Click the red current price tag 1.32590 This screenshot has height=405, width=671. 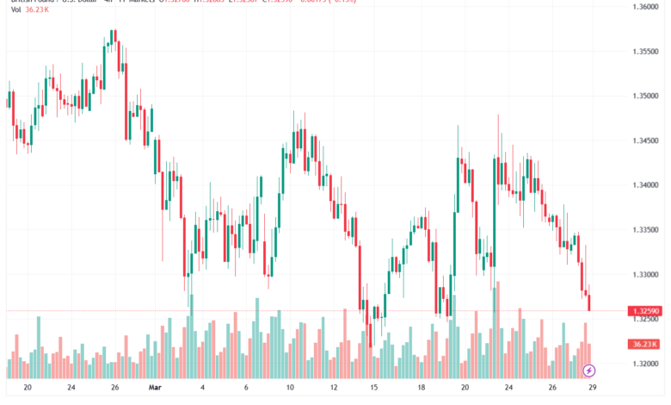tap(644, 310)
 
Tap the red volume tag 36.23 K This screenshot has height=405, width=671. tap(644, 344)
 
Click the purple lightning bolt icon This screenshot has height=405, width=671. tap(589, 371)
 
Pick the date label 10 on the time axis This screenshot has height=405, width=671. tap(291, 389)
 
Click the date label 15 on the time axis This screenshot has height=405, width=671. tap(374, 389)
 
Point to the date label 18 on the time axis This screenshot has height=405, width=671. tap(422, 389)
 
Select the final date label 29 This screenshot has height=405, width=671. tap(590, 389)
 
